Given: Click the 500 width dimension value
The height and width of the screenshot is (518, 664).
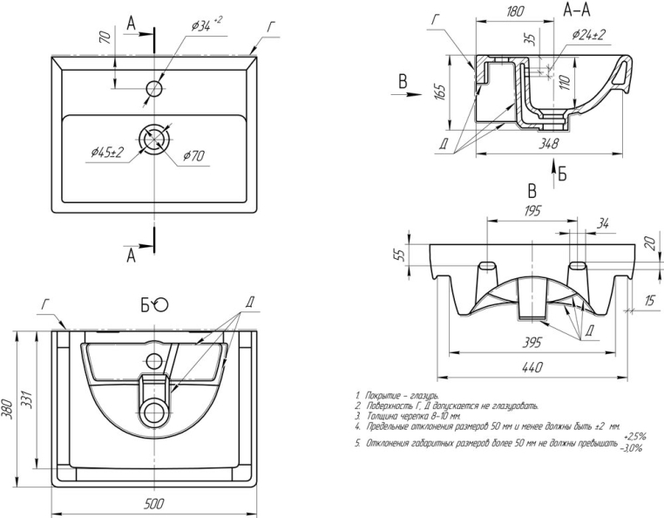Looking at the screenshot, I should click(154, 503).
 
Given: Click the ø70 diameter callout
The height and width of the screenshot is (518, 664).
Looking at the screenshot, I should click(193, 157).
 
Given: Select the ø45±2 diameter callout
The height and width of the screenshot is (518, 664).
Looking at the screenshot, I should click(107, 152).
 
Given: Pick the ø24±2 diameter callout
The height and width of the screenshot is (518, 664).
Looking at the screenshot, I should click(589, 34).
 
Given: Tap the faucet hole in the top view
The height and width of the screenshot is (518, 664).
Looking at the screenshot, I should click(154, 88).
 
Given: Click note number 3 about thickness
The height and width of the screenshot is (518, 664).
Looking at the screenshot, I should click(409, 417).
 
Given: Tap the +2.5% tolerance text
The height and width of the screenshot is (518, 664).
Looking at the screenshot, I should click(635, 435).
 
